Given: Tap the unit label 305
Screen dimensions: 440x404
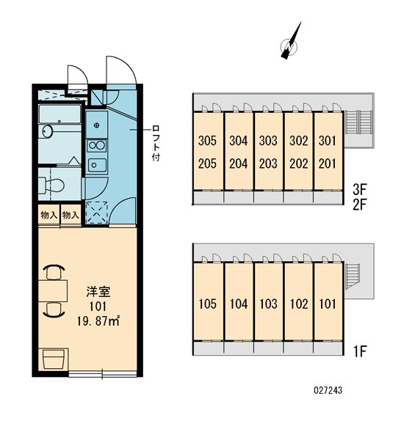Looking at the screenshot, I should tap(207, 139).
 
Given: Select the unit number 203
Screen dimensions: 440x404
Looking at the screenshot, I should tap(268, 163).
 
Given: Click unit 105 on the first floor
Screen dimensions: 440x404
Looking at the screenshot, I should tap(207, 302).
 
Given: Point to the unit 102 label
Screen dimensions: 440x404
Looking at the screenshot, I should tap(298, 302).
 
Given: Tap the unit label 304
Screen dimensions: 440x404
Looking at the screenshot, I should tap(238, 139).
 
